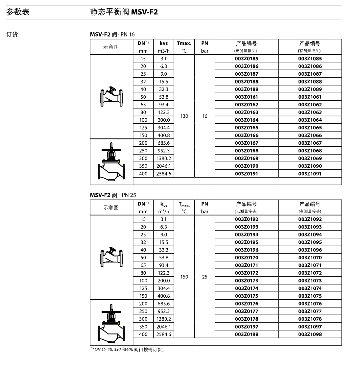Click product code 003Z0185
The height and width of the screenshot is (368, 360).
point(246,59)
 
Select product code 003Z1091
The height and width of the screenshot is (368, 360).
point(310,174)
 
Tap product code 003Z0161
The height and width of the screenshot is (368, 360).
point(246,97)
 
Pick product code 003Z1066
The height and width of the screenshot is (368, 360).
point(310,135)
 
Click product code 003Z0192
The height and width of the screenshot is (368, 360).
point(246,219)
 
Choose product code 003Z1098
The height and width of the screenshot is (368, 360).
point(310,334)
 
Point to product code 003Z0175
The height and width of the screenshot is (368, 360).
point(246,296)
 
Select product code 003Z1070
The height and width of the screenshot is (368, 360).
point(310,258)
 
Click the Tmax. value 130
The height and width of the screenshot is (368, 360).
point(184,116)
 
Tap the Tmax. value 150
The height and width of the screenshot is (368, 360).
point(184,277)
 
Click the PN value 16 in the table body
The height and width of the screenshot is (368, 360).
point(204,116)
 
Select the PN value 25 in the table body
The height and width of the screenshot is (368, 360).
point(204,277)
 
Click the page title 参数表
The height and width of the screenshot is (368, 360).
point(18,12)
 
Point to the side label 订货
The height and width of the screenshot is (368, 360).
point(12,34)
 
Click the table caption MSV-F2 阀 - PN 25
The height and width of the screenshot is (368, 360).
point(113,195)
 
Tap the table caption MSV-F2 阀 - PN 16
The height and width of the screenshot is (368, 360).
point(112,34)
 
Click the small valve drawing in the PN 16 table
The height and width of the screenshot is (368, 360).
point(111,96)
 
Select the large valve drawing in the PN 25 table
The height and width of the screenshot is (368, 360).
point(111,322)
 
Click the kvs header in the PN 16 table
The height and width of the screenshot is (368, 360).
point(163,43)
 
